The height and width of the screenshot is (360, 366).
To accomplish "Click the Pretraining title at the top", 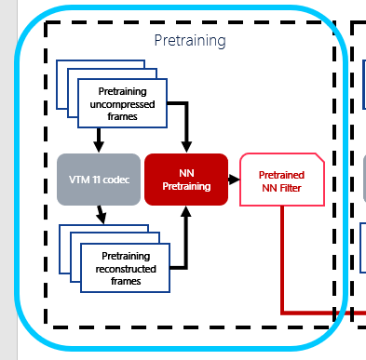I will [189, 42].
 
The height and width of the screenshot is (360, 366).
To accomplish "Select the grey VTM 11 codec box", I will [99, 179].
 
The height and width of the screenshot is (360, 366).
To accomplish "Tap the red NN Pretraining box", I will [186, 179].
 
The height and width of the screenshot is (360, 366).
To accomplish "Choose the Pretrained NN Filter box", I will [281, 180].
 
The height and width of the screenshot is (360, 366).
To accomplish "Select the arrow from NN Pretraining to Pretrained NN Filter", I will [234, 179].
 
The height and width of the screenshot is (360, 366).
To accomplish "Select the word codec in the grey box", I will [119, 179].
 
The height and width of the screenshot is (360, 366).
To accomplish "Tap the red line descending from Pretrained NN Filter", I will [281, 260].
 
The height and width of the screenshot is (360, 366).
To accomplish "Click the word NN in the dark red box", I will [186, 171].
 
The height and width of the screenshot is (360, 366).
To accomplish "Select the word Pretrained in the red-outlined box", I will [281, 172].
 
